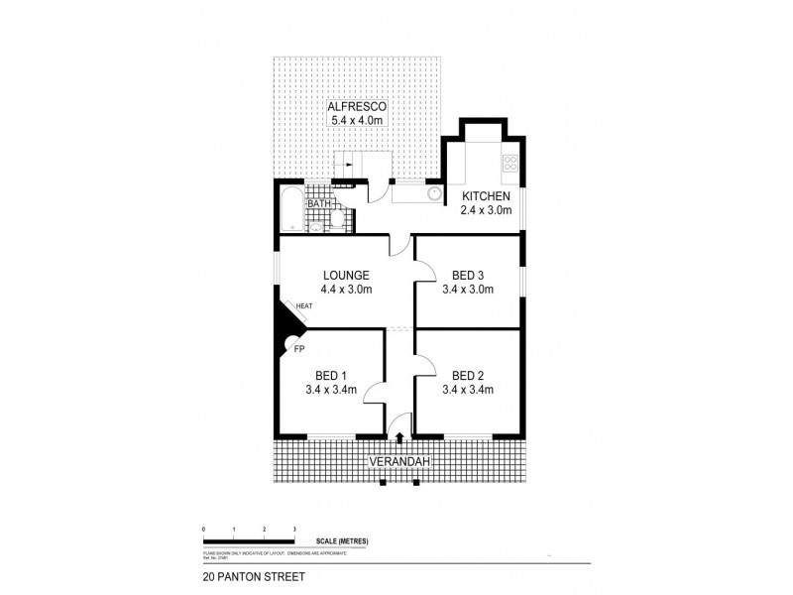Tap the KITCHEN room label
(486, 195)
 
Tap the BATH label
(316, 205)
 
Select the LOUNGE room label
(346, 275)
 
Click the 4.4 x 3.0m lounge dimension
(346, 290)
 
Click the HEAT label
(302, 305)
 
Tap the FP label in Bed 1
(298, 349)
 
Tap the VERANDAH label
(399, 462)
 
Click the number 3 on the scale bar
(294, 529)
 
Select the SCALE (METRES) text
(342, 539)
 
